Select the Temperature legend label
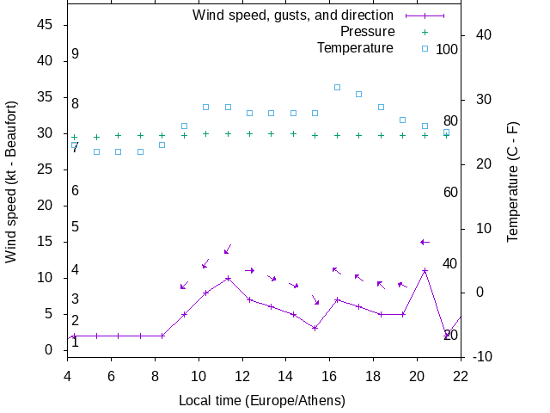[x=355, y=48]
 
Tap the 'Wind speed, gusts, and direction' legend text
[x=293, y=15]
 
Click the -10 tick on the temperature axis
[x=482, y=357]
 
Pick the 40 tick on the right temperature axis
[x=482, y=35]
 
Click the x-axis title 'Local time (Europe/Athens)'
[x=261, y=400]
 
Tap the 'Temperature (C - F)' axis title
[x=513, y=181]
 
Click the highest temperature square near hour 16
[x=337, y=87]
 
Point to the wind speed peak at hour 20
[x=425, y=271]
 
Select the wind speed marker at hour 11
[x=228, y=278]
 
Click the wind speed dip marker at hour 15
[x=315, y=328]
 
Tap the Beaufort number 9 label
[x=76, y=54]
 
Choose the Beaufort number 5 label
[x=76, y=227]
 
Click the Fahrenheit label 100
[x=447, y=49]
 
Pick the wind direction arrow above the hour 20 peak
[x=425, y=242]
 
